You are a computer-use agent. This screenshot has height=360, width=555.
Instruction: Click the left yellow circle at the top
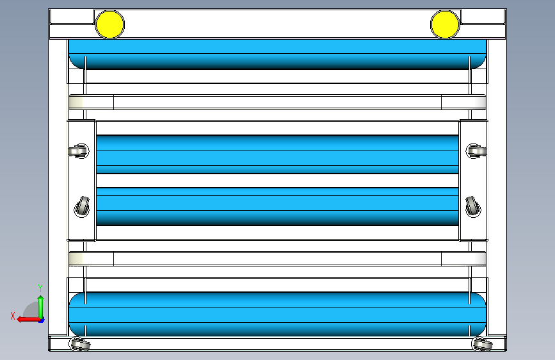pos(109,24)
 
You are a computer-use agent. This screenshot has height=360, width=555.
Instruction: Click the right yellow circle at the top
pos(445,24)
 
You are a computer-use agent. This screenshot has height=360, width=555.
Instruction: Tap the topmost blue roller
pos(277,54)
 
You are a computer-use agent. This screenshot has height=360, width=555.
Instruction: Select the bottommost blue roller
pos(277,314)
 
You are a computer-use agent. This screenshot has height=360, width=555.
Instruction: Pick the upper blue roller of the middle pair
pos(277,154)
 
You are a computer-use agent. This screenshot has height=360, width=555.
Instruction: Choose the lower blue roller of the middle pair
pos(277,206)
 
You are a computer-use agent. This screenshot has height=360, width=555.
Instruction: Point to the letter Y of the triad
pos(40,288)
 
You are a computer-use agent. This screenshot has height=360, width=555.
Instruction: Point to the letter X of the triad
pos(13,316)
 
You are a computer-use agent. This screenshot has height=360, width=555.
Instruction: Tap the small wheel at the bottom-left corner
pos(79,345)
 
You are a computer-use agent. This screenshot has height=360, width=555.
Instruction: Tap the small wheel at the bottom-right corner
pos(481,345)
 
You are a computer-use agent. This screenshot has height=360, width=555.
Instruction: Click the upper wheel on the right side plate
pos(475,151)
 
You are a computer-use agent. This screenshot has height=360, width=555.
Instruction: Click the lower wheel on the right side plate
pos(472,207)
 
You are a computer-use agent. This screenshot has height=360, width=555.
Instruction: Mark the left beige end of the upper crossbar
pos(91,102)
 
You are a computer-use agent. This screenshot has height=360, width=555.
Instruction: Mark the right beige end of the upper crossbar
pos(463,102)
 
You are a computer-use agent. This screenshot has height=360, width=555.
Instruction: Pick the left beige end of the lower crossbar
pos(91,259)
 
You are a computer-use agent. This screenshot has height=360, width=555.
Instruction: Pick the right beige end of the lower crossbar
pos(463,259)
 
